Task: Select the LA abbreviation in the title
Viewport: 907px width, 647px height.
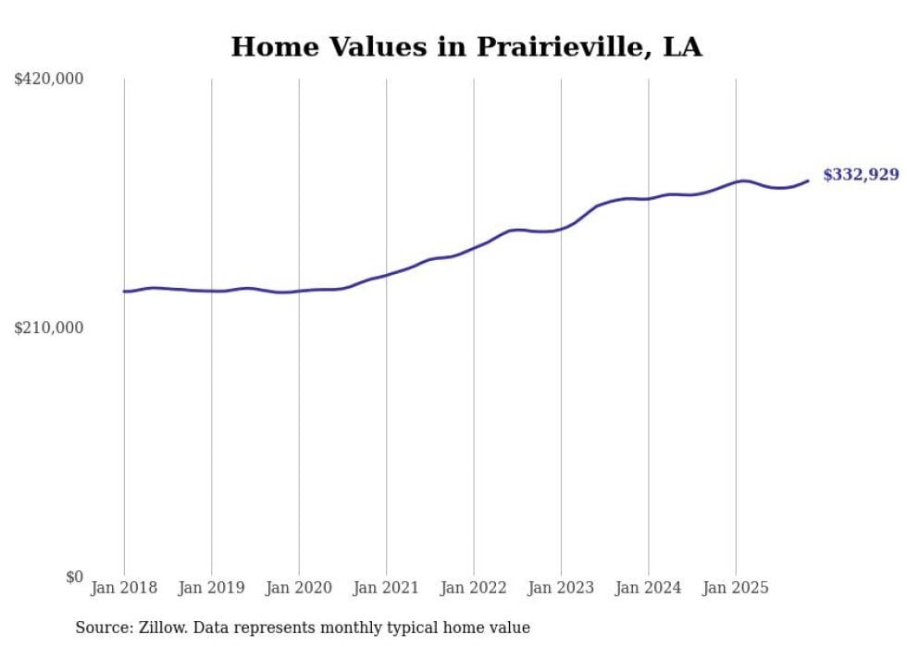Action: pyautogui.click(x=682, y=47)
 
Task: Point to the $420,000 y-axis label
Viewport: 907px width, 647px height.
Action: pyautogui.click(x=49, y=80)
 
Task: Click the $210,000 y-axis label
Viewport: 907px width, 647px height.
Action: pyautogui.click(x=49, y=328)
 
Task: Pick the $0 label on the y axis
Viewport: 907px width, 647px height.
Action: pyautogui.click(x=74, y=577)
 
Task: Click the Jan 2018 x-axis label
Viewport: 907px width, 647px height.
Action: pyautogui.click(x=124, y=588)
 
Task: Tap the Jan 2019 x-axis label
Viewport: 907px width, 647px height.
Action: pyautogui.click(x=212, y=588)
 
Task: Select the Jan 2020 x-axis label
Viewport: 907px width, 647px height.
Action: pyautogui.click(x=299, y=588)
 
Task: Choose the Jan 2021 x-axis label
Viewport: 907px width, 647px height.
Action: pyautogui.click(x=387, y=588)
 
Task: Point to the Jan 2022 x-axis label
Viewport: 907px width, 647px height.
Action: pyautogui.click(x=474, y=588)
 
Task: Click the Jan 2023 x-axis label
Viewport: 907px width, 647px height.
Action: pyautogui.click(x=561, y=588)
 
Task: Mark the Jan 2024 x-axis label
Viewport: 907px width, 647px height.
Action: pyautogui.click(x=649, y=588)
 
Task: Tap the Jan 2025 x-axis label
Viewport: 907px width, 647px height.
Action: pyautogui.click(x=736, y=588)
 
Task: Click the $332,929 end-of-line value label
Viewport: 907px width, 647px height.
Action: pyautogui.click(x=861, y=175)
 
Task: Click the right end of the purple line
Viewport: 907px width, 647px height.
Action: pyautogui.click(x=808, y=180)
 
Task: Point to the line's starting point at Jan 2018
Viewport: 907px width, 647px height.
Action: pyautogui.click(x=125, y=292)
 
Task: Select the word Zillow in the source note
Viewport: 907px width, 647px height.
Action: pyautogui.click(x=163, y=628)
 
